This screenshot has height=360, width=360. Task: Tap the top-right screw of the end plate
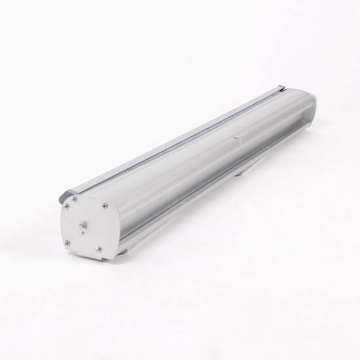[105, 205]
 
